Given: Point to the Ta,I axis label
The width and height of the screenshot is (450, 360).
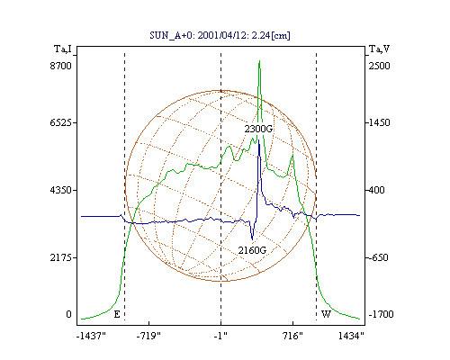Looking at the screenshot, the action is click(x=63, y=49).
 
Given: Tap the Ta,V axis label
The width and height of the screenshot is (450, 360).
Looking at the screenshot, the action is click(x=379, y=49).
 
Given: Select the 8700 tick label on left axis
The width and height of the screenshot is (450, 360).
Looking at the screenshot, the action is click(x=61, y=66).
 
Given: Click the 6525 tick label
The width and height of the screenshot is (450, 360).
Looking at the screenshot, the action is click(x=61, y=122).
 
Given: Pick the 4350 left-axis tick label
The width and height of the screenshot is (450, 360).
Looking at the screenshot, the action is click(x=61, y=190).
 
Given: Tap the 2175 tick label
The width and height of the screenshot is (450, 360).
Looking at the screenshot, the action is click(x=61, y=257).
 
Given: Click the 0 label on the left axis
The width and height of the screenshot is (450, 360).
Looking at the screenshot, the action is click(x=68, y=314).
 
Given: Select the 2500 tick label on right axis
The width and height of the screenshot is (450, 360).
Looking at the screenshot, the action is click(x=379, y=66).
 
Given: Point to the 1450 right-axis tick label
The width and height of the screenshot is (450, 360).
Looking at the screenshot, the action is click(x=379, y=122).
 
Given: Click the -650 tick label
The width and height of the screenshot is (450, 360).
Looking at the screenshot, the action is click(x=378, y=257).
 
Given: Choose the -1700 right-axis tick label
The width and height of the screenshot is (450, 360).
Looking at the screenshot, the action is click(x=381, y=314).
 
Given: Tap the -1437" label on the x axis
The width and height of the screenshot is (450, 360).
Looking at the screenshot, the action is click(x=91, y=337).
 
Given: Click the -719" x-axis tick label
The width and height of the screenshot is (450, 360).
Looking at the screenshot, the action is click(x=148, y=337).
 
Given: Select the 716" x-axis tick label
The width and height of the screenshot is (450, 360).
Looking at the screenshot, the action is click(x=292, y=337).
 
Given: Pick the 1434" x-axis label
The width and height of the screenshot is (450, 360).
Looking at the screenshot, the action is click(x=351, y=337).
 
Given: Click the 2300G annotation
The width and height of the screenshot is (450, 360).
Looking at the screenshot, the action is click(x=258, y=129).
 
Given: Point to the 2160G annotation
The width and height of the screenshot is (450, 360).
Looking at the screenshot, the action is click(x=252, y=250).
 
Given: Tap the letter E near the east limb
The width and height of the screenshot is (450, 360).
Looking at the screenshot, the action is click(x=117, y=314).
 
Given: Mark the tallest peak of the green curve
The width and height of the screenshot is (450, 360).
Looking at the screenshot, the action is click(x=259, y=61).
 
